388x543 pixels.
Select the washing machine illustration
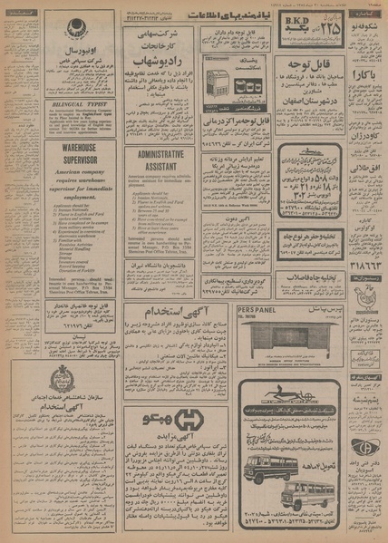[218, 84]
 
